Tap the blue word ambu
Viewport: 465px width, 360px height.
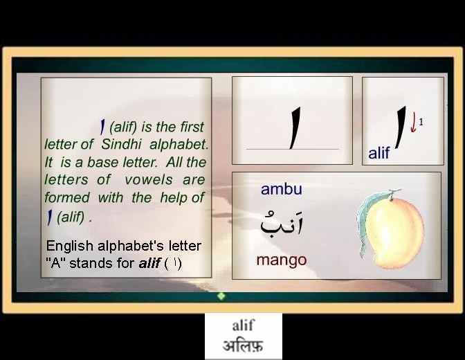tap(282, 189)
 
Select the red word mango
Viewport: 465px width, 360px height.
tap(282, 260)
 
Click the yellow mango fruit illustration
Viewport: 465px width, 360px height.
tap(394, 231)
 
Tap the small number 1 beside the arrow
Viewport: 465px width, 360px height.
tap(421, 122)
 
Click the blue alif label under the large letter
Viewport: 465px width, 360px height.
tap(379, 153)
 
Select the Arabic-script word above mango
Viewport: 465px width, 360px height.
tap(282, 224)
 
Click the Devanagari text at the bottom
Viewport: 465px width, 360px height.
tap(243, 346)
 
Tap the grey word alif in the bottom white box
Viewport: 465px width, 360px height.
tap(243, 325)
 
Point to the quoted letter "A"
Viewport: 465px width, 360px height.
tap(56, 263)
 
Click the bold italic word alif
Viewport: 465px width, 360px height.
tap(149, 263)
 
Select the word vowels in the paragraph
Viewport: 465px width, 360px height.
tap(149, 180)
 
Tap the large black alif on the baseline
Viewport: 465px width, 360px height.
tap(295, 128)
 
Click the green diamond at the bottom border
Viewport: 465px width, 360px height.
tap(221, 296)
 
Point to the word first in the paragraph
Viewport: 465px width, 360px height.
tap(192, 127)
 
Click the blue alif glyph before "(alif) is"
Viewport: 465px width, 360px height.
tap(102, 127)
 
